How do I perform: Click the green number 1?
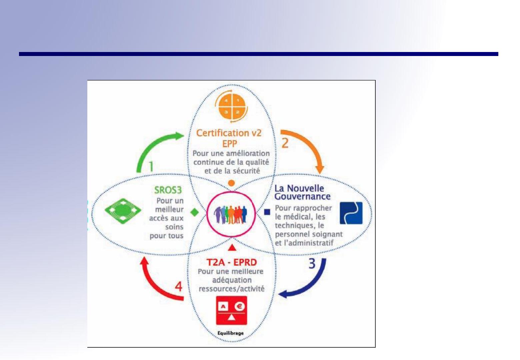coord(151,166)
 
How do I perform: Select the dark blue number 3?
coord(312,263)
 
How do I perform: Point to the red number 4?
coord(178,286)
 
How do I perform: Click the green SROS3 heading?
coord(168,190)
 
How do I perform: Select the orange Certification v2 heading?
coord(229,133)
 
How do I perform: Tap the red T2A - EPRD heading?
coord(231,262)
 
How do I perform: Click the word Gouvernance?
coord(302,197)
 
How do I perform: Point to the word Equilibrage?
coord(231,333)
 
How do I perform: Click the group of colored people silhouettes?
coord(230,214)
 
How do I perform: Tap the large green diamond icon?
coord(123,211)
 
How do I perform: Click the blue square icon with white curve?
coord(351,213)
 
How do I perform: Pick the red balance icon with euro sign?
coord(231,310)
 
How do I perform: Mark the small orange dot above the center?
coord(231,183)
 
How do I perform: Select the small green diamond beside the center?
coord(195,212)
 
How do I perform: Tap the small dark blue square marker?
coord(267,212)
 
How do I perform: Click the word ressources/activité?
coord(232,289)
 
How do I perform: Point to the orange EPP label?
coord(229,144)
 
